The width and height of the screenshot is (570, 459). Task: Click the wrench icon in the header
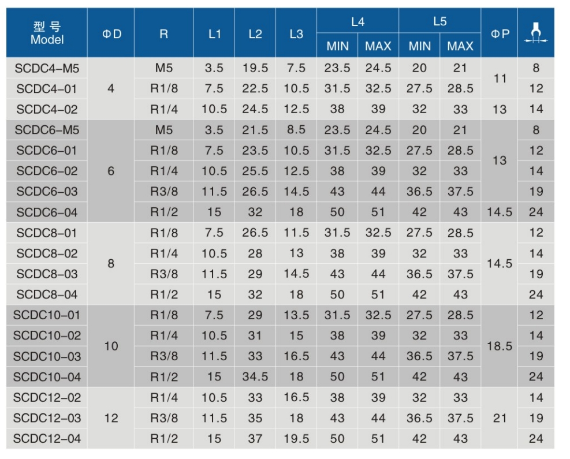pos(536,33)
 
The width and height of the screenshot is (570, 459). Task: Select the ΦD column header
pos(111,33)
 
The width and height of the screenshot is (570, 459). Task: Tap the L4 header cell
pos(357,22)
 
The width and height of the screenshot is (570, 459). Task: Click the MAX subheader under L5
pos(460,46)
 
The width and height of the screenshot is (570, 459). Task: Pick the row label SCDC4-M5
pos(47,68)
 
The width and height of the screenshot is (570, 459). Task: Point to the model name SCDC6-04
pos(47,212)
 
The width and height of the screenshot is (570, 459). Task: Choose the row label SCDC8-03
pos(47,274)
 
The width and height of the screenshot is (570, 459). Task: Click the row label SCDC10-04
pos(47,377)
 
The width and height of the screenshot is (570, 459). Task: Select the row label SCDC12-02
pos(47,397)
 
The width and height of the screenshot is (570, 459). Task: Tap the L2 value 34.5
pos(255,377)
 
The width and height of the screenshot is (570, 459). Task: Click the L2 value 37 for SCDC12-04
pos(255,439)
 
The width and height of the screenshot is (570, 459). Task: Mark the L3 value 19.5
pos(296,439)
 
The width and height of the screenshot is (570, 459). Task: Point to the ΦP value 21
pos(500,418)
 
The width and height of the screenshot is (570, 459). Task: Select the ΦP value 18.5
pos(500,346)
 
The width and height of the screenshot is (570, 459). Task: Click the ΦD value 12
pos(111,418)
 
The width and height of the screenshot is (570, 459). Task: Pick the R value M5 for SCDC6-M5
pos(164,130)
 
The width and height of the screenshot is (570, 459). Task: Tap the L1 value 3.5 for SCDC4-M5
pos(214,68)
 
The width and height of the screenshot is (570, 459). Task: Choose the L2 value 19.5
pos(255,68)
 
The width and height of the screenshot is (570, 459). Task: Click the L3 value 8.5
pos(296,130)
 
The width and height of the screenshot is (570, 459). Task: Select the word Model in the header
pos(47,40)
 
